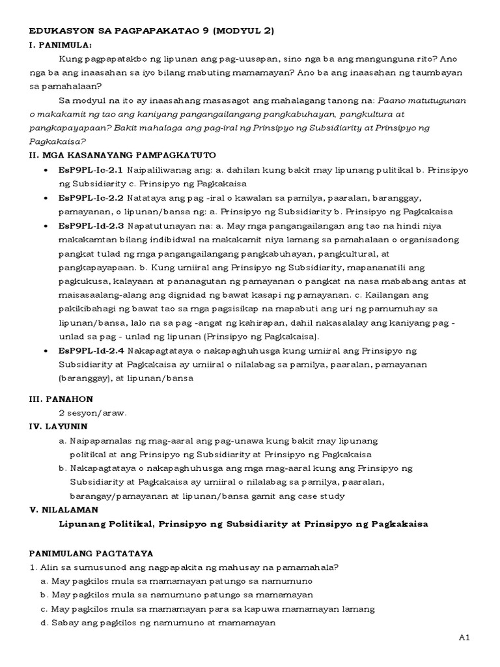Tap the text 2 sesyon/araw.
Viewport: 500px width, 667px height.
coord(92,412)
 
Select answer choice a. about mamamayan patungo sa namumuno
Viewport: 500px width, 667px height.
coord(176,580)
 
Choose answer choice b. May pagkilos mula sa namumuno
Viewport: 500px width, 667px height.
coord(176,595)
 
